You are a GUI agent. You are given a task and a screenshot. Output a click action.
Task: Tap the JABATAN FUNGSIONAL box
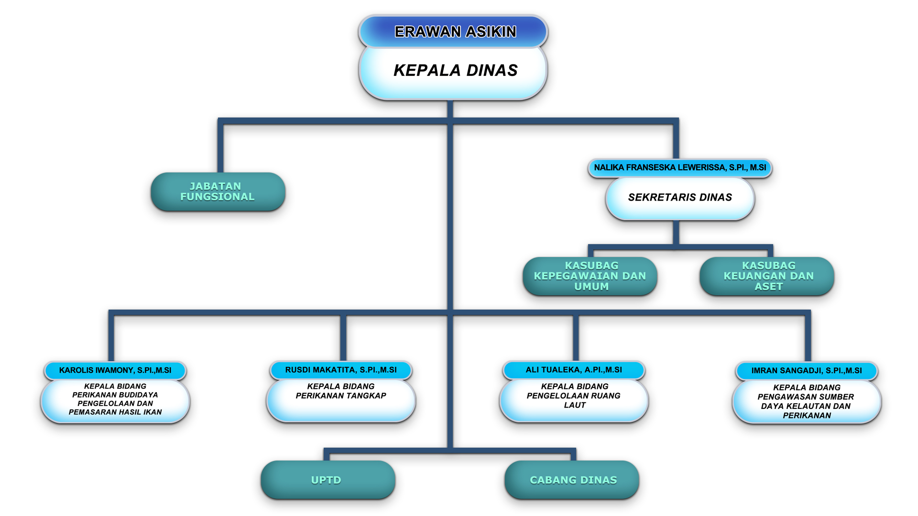(218, 192)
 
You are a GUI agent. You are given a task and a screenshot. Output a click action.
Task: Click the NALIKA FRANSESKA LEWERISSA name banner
(679, 168)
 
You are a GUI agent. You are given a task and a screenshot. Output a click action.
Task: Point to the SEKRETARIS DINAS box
(679, 198)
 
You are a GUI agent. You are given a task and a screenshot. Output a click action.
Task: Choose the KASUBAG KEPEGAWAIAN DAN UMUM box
(590, 276)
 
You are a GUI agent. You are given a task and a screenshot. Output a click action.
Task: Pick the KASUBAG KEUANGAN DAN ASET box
(767, 276)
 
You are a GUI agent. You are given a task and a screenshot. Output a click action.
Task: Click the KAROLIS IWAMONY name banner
(115, 370)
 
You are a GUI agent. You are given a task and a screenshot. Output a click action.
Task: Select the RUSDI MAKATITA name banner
(340, 370)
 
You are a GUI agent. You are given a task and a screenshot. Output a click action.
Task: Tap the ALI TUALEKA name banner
(574, 370)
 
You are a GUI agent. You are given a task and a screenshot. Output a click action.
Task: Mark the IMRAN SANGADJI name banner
(807, 371)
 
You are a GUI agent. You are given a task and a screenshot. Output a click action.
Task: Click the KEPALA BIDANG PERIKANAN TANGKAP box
(340, 399)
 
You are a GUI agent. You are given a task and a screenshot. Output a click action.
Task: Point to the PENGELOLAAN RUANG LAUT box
(574, 399)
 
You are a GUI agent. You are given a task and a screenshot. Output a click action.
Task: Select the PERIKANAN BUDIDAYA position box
(115, 400)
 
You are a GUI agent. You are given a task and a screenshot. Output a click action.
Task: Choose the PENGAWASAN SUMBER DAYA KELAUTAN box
(807, 401)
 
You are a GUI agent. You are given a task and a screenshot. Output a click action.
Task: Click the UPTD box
(328, 480)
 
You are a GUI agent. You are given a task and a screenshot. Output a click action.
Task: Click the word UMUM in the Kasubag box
(591, 287)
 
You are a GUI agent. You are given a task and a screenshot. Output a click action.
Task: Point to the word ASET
(769, 287)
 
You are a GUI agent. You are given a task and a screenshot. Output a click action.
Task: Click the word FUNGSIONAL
(218, 197)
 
